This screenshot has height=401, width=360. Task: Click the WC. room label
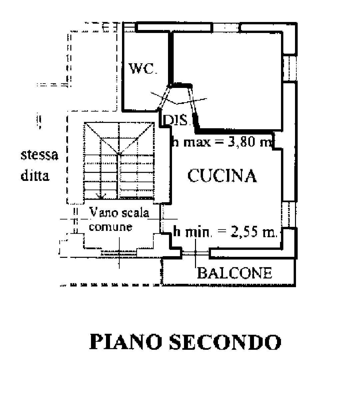(x=143, y=68)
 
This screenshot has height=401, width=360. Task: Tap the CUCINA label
(x=222, y=176)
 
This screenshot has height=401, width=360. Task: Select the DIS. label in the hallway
(x=176, y=120)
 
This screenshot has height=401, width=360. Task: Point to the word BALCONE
(x=235, y=273)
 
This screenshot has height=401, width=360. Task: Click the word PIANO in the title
(x=125, y=342)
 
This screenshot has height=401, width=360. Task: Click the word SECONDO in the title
(x=225, y=342)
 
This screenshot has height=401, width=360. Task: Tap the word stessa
(x=39, y=155)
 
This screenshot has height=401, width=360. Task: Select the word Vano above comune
(x=101, y=212)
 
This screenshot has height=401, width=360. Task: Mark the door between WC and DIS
(x=164, y=97)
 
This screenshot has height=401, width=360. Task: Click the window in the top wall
(x=226, y=27)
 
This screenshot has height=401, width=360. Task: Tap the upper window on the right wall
(x=290, y=68)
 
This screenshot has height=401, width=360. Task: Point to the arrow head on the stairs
(x=101, y=197)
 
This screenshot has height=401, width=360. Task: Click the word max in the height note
(x=197, y=142)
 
